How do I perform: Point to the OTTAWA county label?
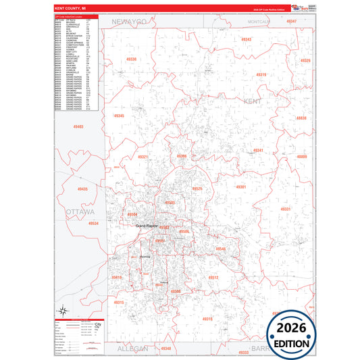[80, 212]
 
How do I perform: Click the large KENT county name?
[251, 101]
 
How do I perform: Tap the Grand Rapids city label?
[146, 225]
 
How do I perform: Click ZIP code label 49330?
[131, 59]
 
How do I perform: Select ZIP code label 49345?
[118, 116]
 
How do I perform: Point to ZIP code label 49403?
[78, 126]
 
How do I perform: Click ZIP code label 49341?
[257, 150]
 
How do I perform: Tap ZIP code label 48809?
[301, 157]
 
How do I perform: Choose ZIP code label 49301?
[241, 186]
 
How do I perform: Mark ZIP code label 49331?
[285, 209]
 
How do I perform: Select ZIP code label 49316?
[207, 318]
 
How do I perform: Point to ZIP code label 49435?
[82, 189]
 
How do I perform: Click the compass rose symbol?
[62, 311]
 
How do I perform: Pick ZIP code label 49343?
[246, 39]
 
